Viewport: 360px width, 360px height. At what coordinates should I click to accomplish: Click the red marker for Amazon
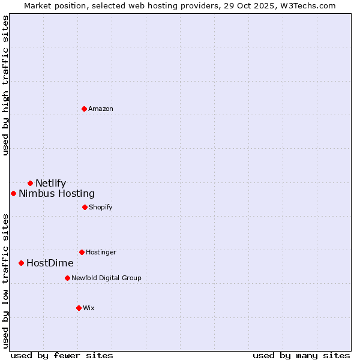coord(84,109)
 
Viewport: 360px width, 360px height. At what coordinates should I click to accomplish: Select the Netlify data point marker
coord(30,183)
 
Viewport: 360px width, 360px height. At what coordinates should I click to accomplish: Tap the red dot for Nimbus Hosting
coord(13,193)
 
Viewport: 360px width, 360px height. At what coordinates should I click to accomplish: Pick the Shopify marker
coord(85,207)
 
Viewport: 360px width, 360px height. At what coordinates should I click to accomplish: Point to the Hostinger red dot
coord(82,252)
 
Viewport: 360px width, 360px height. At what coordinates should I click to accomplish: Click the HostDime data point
coord(21,263)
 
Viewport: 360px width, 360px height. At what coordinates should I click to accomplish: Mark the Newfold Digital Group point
coord(67,278)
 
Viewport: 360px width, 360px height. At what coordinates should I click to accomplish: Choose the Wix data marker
coord(79,308)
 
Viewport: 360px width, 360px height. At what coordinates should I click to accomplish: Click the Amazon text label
coord(101,109)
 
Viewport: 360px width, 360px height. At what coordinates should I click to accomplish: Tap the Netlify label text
coord(50,183)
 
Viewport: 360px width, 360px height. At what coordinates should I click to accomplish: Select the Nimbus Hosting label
coord(56,193)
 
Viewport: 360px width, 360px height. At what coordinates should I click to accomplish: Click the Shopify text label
coord(101,207)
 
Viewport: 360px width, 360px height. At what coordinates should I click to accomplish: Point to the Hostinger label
coord(101,252)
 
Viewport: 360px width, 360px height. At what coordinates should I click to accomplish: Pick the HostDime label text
coord(50,263)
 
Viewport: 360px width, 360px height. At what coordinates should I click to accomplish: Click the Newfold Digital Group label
coord(106,278)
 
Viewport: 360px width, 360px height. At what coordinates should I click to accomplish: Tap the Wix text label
coord(89,308)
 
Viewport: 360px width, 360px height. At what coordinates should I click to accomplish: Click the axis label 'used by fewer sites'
coord(62,355)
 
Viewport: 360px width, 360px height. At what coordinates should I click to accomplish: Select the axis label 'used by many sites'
coord(301,355)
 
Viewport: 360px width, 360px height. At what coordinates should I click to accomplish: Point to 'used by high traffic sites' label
coord(5,85)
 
